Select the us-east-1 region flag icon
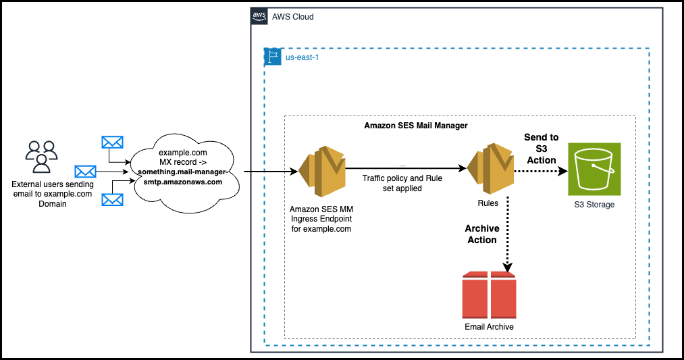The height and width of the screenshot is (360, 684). (272, 57)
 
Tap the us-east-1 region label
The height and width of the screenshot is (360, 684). (301, 58)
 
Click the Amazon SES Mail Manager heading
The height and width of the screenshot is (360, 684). (416, 126)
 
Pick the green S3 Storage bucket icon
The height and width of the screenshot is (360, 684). (594, 169)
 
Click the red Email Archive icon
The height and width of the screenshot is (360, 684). (489, 295)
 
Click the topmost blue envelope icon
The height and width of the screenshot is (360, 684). (112, 143)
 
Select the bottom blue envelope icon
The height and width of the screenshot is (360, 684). (112, 200)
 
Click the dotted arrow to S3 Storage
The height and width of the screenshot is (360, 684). (540, 172)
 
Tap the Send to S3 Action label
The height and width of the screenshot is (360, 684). (541, 149)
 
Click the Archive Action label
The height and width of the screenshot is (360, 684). (482, 234)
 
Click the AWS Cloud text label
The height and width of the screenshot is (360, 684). (293, 16)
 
